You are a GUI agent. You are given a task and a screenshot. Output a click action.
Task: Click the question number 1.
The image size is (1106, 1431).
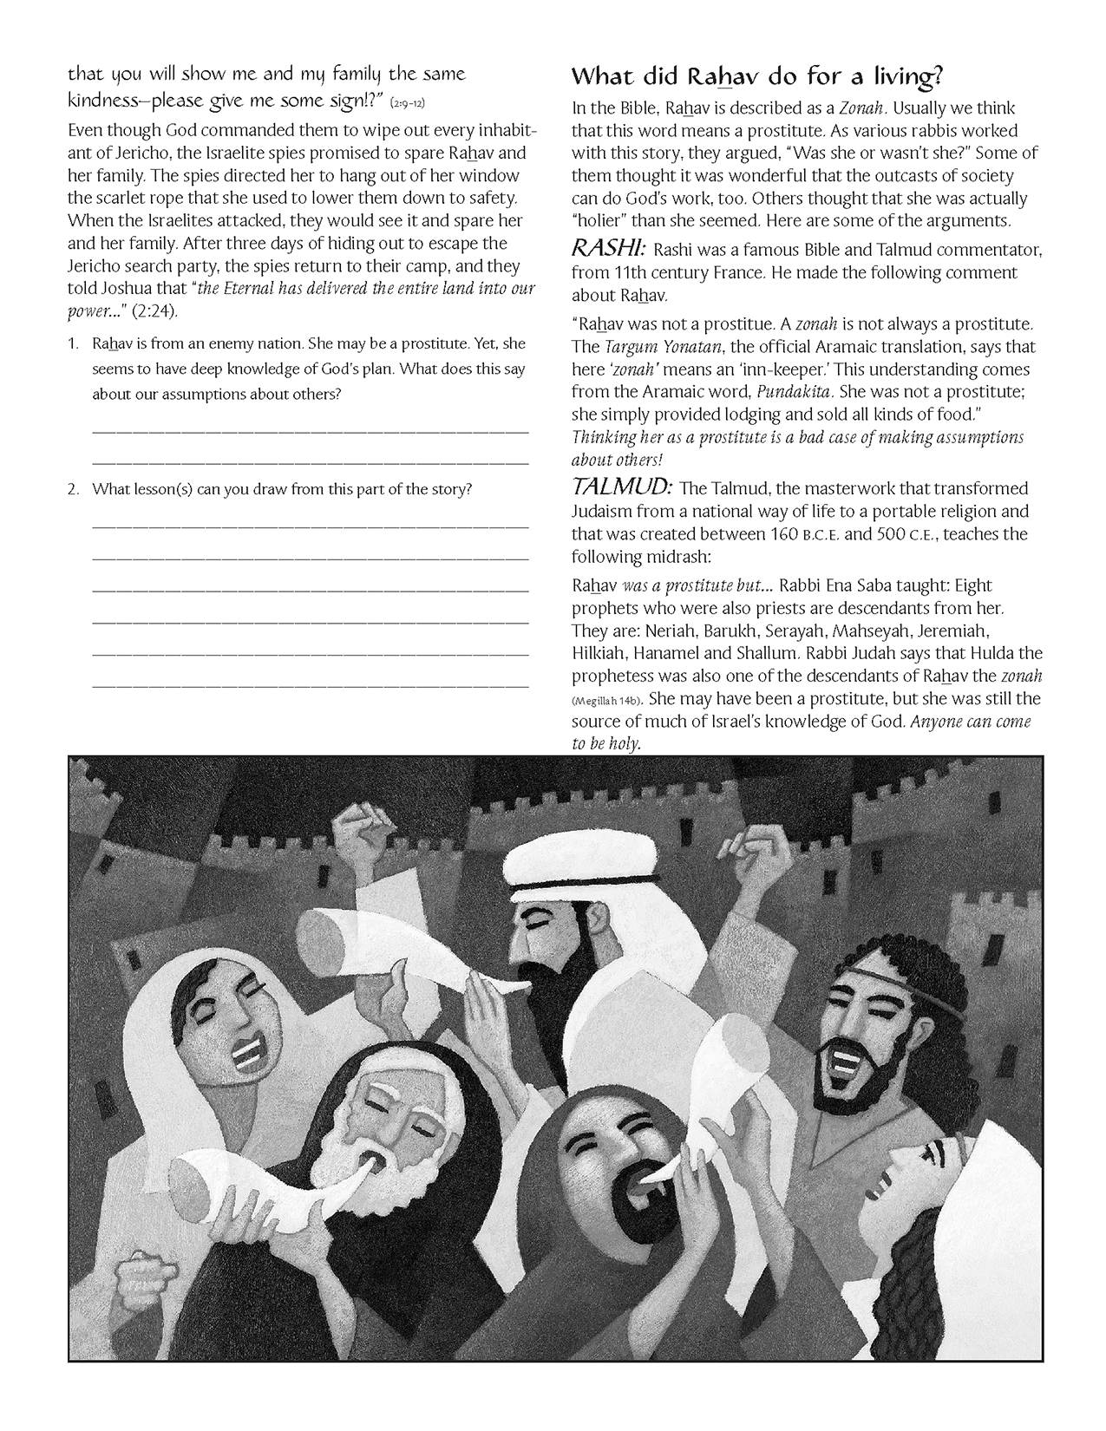pyautogui.click(x=73, y=344)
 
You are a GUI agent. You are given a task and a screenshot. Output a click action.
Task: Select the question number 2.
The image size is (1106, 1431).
pyautogui.click(x=73, y=489)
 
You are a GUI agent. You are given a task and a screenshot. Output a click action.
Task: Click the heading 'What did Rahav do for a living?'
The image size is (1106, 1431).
pyautogui.click(x=756, y=77)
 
